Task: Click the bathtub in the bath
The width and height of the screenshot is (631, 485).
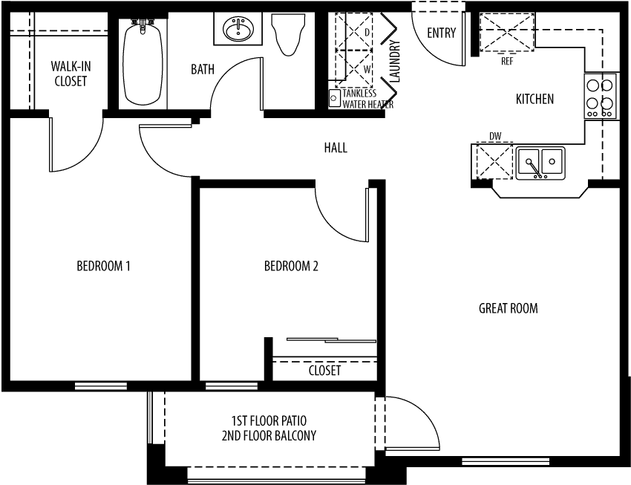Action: click(x=143, y=63)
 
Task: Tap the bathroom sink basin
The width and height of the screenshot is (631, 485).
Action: click(x=238, y=29)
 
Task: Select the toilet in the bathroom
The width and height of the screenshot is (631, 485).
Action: click(x=288, y=35)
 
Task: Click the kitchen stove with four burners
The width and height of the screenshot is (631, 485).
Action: click(x=600, y=96)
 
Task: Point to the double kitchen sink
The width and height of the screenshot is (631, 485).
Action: click(x=540, y=163)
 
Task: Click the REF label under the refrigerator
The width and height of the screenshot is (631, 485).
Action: click(x=507, y=62)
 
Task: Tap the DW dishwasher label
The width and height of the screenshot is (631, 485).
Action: click(x=495, y=137)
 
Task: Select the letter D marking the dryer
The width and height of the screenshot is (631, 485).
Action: click(x=367, y=32)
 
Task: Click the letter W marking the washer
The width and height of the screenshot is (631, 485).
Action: click(x=367, y=70)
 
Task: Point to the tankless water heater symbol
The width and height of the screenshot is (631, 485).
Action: click(x=333, y=98)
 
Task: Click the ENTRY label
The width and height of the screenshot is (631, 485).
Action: click(x=442, y=33)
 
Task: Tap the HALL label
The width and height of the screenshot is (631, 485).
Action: click(x=336, y=148)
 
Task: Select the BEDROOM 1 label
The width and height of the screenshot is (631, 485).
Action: click(x=103, y=266)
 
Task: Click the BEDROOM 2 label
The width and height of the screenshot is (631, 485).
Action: click(x=291, y=266)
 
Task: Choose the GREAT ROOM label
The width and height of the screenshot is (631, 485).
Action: click(x=509, y=308)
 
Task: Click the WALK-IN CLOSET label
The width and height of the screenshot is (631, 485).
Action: click(x=71, y=74)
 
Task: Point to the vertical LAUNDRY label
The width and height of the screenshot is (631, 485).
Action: click(x=396, y=61)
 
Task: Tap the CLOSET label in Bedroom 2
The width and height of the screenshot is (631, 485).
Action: click(x=324, y=371)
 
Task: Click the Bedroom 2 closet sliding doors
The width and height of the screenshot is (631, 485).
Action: click(x=332, y=340)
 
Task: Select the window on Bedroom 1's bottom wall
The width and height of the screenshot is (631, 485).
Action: click(x=101, y=386)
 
